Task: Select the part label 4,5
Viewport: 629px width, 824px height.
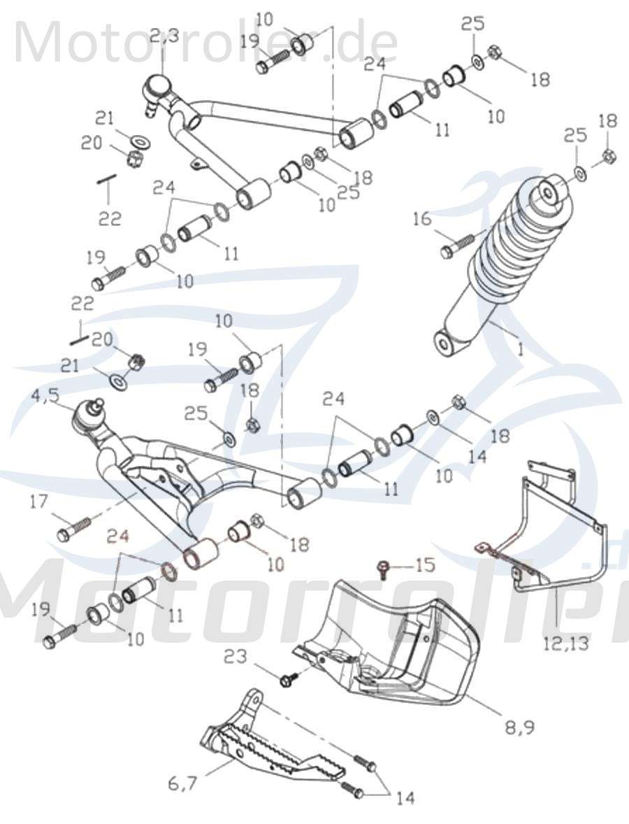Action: click(45, 397)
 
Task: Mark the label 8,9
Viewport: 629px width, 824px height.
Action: click(519, 727)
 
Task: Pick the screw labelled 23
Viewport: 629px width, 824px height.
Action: click(289, 678)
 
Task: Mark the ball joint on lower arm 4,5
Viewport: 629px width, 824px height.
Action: click(89, 416)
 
